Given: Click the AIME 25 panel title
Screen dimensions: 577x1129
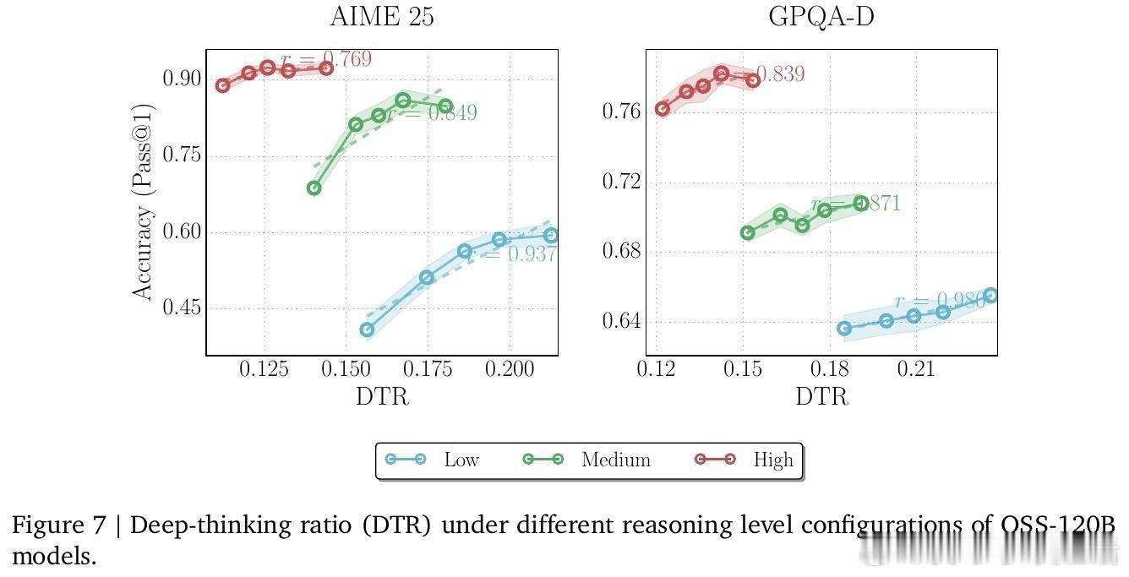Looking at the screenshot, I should [x=382, y=17].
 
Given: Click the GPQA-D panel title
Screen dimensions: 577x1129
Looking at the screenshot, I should [x=821, y=17].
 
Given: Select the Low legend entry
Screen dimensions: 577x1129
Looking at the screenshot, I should [x=432, y=460].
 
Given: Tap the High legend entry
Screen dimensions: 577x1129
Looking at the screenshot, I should [x=744, y=460].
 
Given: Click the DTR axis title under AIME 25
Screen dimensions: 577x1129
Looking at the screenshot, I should [x=382, y=395].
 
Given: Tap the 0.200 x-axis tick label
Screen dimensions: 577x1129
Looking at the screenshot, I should [x=510, y=369].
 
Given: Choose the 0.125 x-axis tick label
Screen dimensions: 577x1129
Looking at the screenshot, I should [x=264, y=369].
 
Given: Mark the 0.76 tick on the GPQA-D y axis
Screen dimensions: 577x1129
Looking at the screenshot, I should [x=621, y=112].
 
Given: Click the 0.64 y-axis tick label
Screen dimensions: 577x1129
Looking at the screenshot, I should [x=621, y=322].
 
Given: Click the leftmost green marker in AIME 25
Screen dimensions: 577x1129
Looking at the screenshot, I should [x=314, y=188].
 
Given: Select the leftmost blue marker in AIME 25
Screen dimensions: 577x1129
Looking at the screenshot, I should [x=367, y=329].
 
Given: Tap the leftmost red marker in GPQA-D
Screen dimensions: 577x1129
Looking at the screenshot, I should [x=663, y=109].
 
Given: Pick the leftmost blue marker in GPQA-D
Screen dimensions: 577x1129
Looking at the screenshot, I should [x=844, y=328].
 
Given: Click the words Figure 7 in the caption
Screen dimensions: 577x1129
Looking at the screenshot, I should [x=57, y=525].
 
